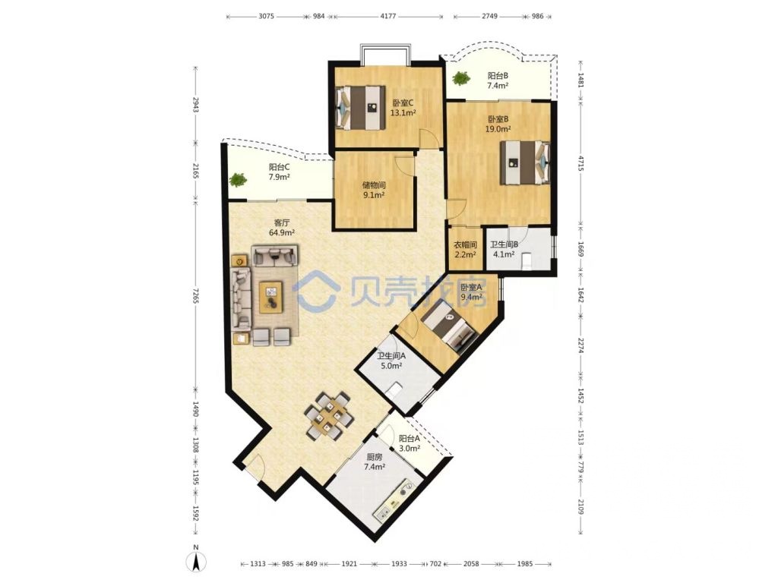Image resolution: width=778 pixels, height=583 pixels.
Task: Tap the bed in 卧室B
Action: (523, 162)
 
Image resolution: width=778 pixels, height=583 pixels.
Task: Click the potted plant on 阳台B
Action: (460, 77)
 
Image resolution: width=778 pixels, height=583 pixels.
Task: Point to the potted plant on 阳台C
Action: (238, 180)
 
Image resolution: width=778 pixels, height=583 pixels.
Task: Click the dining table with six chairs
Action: (328, 416)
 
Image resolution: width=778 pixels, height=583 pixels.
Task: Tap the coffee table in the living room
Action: (270, 296)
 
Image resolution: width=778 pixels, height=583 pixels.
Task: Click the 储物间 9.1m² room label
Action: (373, 189)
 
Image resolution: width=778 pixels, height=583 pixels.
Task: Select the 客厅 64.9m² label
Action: (283, 228)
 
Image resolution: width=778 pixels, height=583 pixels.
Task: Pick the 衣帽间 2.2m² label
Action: (465, 250)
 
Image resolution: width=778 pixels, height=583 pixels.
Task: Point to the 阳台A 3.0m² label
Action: (410, 443)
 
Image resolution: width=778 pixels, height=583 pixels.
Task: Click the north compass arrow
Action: (196, 563)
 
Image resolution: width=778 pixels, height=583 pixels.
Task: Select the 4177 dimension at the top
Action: (388, 15)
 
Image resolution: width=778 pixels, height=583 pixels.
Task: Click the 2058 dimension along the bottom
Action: (473, 564)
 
